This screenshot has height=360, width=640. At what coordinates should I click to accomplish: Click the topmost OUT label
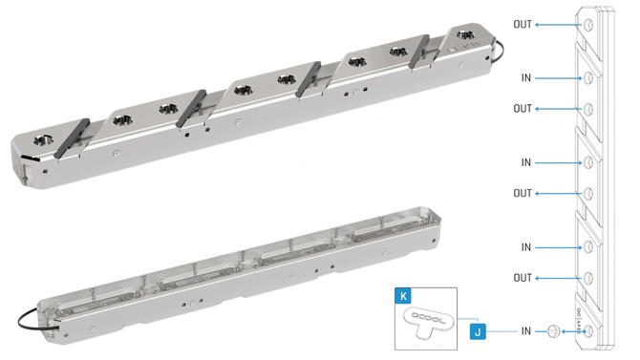[x=523, y=24]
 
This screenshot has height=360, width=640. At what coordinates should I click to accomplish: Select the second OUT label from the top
[x=523, y=109]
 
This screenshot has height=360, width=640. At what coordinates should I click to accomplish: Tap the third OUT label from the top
[x=523, y=193]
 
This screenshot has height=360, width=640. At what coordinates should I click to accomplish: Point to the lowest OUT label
[x=523, y=278]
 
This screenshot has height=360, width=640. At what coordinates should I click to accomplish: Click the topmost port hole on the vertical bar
[x=589, y=24]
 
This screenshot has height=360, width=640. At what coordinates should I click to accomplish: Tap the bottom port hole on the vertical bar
[x=589, y=331]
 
